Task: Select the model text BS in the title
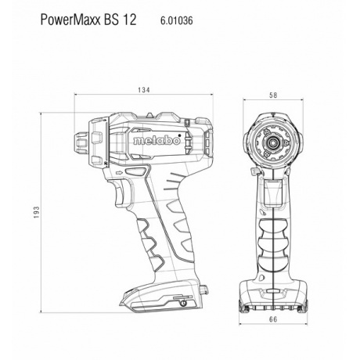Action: (115, 22)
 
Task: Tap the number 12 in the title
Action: (132, 22)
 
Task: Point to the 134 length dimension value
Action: (143, 91)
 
